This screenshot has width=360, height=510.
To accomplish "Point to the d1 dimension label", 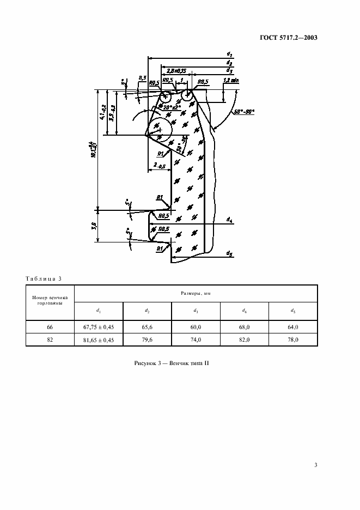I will point(230,55).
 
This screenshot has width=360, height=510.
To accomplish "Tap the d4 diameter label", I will point(229,221).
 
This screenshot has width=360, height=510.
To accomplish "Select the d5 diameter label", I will point(229,253).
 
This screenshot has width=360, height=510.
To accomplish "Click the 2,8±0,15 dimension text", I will point(177,70).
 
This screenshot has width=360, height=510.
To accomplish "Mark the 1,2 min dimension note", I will point(231,80).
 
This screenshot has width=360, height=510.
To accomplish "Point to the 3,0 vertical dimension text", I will point(95,225).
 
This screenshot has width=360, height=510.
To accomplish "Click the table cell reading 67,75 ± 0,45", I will point(99,327).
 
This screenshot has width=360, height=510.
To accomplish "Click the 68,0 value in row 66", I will point(245,327).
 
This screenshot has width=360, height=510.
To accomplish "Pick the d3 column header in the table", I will point(196,311).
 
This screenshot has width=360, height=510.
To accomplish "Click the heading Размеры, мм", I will point(196,293).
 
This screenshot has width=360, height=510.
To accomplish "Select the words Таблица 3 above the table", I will point(44,279).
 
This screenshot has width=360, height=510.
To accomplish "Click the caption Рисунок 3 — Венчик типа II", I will point(172,363).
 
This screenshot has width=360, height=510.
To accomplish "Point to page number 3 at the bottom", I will point(316,465).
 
